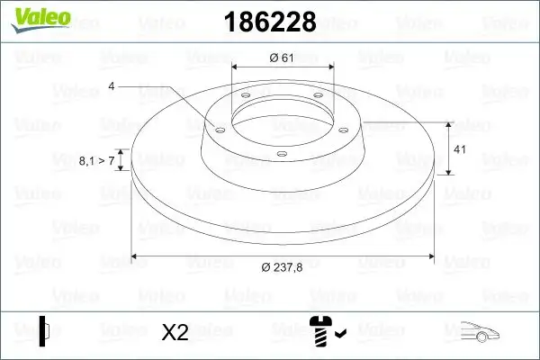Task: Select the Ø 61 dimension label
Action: (283, 58)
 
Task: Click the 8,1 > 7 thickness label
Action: (97, 160)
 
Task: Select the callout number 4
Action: (111, 86)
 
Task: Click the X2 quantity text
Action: (175, 333)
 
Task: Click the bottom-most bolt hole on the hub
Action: (281, 154)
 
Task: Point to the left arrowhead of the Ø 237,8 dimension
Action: (136, 256)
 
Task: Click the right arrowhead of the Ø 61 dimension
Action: (329, 67)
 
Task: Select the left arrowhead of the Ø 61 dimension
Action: (236, 67)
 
